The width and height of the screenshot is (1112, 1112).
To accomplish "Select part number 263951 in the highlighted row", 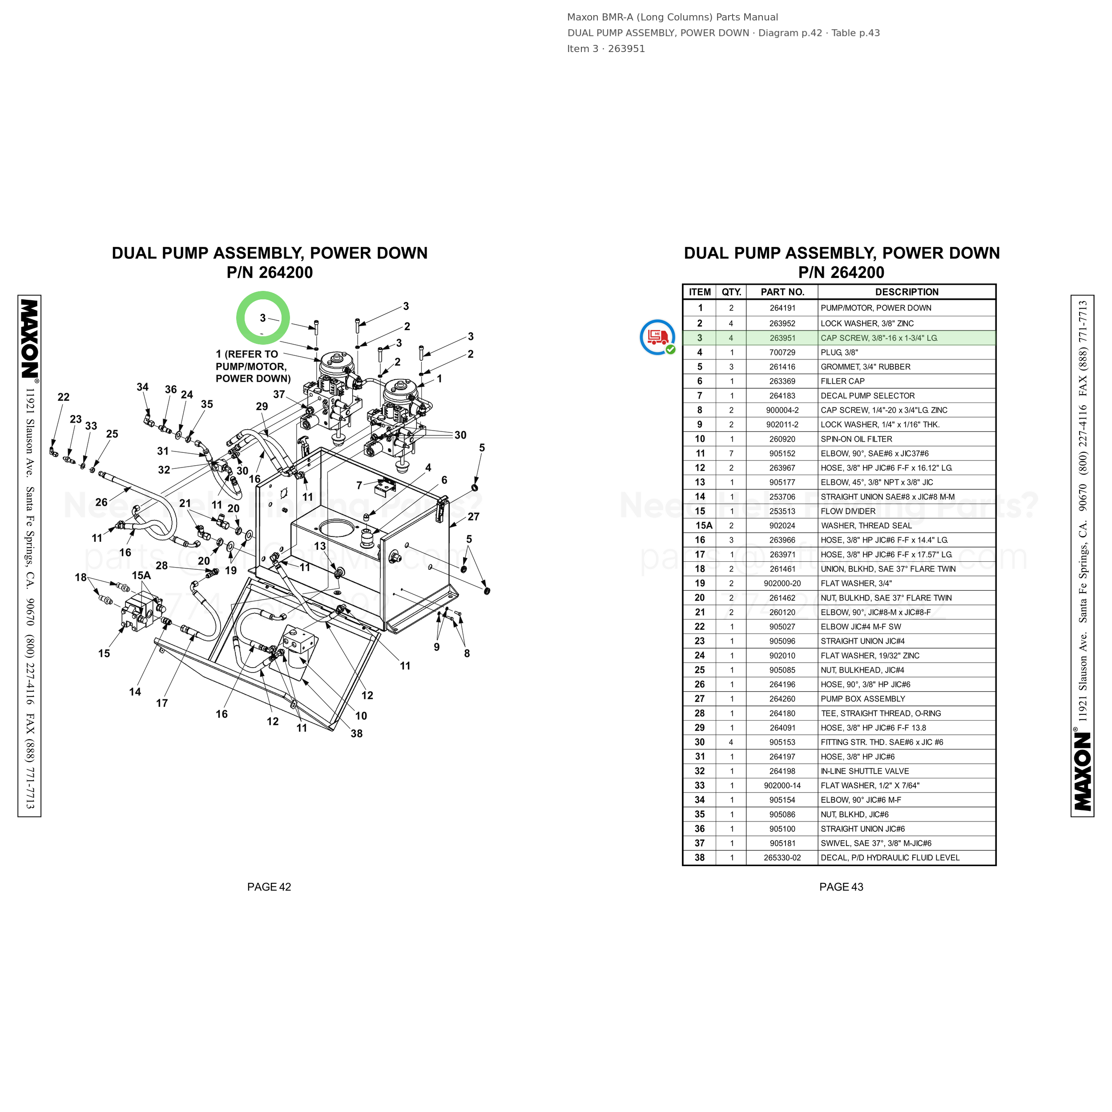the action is [x=782, y=338].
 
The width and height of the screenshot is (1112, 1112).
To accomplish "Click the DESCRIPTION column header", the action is [x=907, y=292].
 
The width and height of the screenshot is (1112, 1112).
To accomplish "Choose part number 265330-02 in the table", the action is [x=782, y=858].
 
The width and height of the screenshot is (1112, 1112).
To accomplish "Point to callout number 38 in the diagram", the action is [x=356, y=733].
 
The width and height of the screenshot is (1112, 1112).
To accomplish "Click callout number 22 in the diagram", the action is [x=63, y=397].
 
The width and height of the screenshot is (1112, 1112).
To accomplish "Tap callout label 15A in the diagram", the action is [x=141, y=576].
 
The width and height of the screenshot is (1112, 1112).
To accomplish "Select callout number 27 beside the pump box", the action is [x=473, y=517].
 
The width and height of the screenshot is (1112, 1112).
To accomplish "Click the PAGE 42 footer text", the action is [x=269, y=887].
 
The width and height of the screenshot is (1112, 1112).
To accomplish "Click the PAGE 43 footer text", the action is [x=841, y=887].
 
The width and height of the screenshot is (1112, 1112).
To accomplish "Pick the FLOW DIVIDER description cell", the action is [x=848, y=511].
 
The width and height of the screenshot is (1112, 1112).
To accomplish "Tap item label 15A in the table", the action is [x=703, y=525].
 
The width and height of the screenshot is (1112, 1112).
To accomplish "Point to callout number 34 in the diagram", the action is [x=142, y=387].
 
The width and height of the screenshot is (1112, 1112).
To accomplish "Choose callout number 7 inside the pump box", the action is [x=359, y=485].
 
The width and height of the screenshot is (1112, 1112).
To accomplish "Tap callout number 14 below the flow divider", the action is [x=135, y=692].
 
